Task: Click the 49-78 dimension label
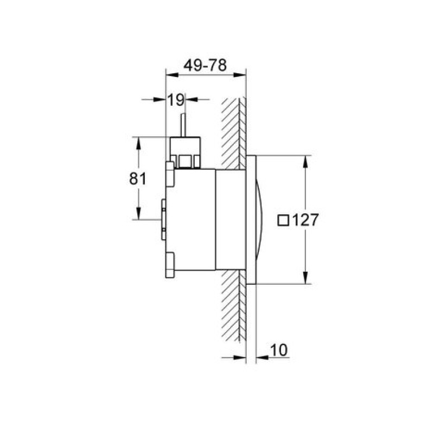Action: coord(205,65)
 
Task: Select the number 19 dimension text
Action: coord(176,100)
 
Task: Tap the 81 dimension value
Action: coord(138,178)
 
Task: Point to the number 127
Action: coord(305,220)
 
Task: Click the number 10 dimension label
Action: coord(279,350)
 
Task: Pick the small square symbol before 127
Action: coord(283,221)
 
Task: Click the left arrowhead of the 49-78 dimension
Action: coord(172,75)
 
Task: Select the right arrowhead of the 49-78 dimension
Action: coord(240,75)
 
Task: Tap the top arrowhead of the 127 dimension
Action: coord(305,162)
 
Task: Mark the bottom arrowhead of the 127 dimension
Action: coord(305,278)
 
